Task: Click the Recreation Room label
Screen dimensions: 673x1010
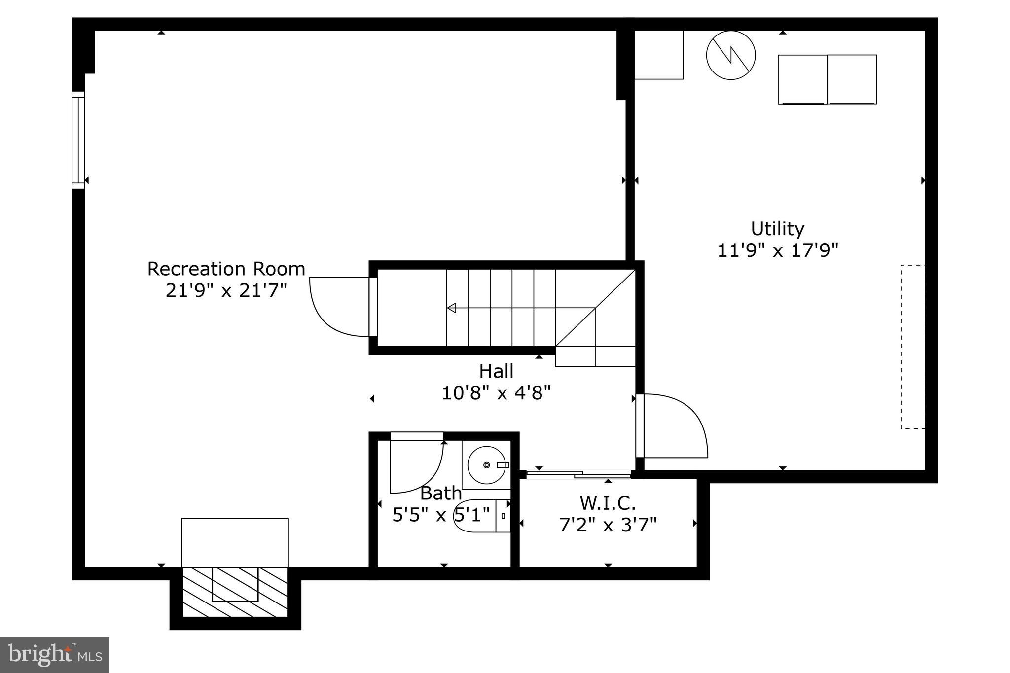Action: pyautogui.click(x=226, y=269)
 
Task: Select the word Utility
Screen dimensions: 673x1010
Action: pyautogui.click(x=777, y=229)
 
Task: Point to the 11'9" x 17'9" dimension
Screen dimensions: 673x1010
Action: pyautogui.click(x=777, y=250)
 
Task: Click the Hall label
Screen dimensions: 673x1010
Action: pyautogui.click(x=496, y=371)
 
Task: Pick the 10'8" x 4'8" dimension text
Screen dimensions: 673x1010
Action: pyautogui.click(x=496, y=393)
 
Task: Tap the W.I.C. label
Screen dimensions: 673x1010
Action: pyautogui.click(x=608, y=503)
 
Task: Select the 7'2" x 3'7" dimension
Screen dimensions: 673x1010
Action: pyautogui.click(x=608, y=525)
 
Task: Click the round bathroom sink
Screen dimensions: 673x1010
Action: pyautogui.click(x=487, y=465)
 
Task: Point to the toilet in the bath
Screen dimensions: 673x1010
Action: pyautogui.click(x=481, y=516)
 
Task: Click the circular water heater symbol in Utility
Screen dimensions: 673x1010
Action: pyautogui.click(x=730, y=55)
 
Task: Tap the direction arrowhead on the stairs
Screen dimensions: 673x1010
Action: pyautogui.click(x=451, y=308)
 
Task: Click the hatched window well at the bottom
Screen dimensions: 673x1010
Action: pyautogui.click(x=235, y=592)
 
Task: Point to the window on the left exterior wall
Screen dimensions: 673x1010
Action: pyautogui.click(x=78, y=140)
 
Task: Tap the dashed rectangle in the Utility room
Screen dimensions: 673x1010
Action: pyautogui.click(x=912, y=347)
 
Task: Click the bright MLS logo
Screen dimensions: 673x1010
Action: pyautogui.click(x=55, y=655)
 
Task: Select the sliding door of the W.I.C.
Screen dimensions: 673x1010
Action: pyautogui.click(x=578, y=474)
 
